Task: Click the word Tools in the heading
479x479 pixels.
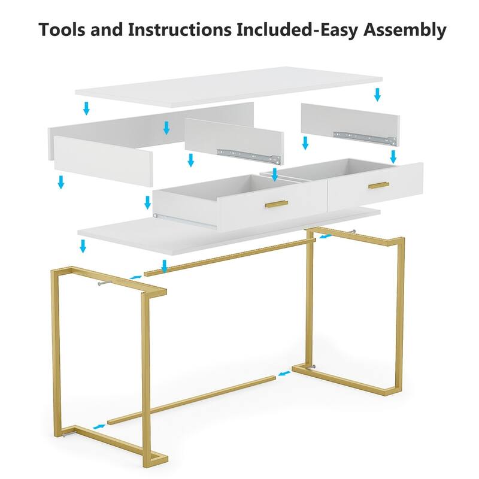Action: (62, 29)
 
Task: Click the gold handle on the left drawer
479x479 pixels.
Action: (277, 204)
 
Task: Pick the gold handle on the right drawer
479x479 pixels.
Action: (378, 186)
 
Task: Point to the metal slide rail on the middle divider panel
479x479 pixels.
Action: (248, 156)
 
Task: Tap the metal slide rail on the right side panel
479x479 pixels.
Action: (365, 138)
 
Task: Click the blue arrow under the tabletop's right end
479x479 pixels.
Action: (378, 95)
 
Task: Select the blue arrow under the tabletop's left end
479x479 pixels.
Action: (86, 108)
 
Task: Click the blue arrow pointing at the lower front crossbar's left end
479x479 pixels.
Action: (99, 426)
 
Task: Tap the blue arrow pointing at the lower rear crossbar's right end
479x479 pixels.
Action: (284, 374)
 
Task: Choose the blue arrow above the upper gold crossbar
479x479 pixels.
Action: (164, 266)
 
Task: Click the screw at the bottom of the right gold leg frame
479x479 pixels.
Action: (313, 368)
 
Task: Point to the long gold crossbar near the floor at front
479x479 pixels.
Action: (191, 401)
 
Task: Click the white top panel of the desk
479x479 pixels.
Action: (229, 87)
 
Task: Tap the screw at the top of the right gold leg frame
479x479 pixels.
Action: (353, 231)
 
